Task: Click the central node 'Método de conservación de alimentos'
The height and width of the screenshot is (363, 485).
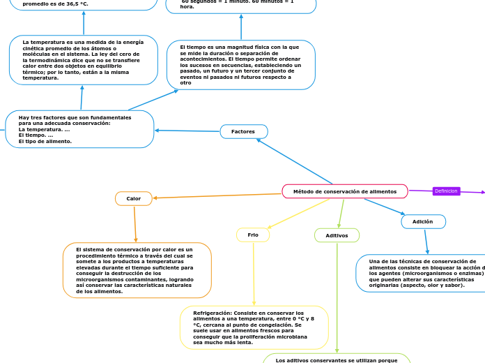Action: (345, 191)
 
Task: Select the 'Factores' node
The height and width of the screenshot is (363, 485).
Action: (244, 131)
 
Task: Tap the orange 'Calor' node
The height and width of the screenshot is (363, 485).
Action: (134, 199)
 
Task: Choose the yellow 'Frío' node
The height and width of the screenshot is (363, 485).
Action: (253, 235)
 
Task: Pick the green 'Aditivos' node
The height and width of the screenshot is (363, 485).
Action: (337, 235)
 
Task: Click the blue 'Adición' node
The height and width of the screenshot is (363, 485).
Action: (423, 221)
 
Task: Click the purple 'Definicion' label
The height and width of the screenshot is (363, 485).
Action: (446, 191)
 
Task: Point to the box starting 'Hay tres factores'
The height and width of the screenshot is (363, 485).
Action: (79, 129)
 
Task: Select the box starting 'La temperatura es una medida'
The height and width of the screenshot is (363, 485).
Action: (83, 60)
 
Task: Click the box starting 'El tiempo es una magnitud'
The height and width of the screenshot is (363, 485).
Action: (240, 65)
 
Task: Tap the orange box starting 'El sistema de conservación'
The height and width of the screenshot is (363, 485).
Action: (137, 270)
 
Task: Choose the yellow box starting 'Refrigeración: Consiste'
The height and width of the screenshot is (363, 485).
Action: (254, 327)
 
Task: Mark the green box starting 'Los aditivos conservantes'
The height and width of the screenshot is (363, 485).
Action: (337, 359)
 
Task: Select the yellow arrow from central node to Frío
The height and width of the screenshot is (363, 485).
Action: (298, 214)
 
